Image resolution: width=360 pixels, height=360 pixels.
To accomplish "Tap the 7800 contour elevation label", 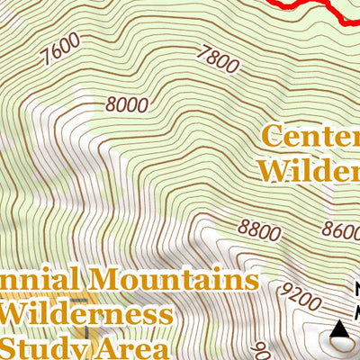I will pos(221,60).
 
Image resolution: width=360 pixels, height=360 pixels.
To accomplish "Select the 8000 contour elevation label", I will pos(126,104).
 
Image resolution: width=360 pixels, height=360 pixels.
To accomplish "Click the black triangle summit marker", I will pos(340,330).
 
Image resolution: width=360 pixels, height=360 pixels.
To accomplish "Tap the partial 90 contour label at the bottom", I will pos(258,349).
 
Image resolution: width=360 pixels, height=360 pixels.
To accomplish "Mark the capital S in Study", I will pos(11,346).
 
